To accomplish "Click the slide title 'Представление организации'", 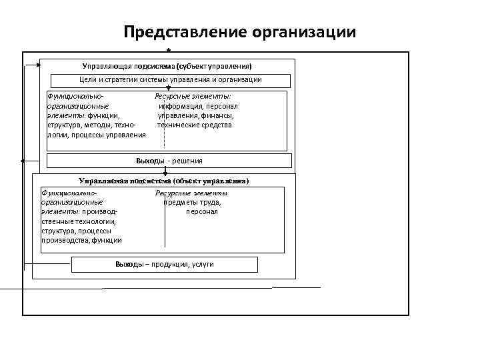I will pos(240,32).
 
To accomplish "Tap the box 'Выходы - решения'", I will pos(169,161).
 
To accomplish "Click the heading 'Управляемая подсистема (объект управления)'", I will pos(164,181).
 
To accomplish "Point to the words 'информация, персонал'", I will pos(198,106).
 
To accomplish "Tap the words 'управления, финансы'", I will pos(195,115).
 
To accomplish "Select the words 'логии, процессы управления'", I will pos(97,135).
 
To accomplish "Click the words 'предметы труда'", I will pos(193,203).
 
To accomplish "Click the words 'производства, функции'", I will pos(81,240).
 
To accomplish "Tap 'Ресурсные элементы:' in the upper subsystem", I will pos(193,97).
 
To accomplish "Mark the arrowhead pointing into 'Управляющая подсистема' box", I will pos(37,65).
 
